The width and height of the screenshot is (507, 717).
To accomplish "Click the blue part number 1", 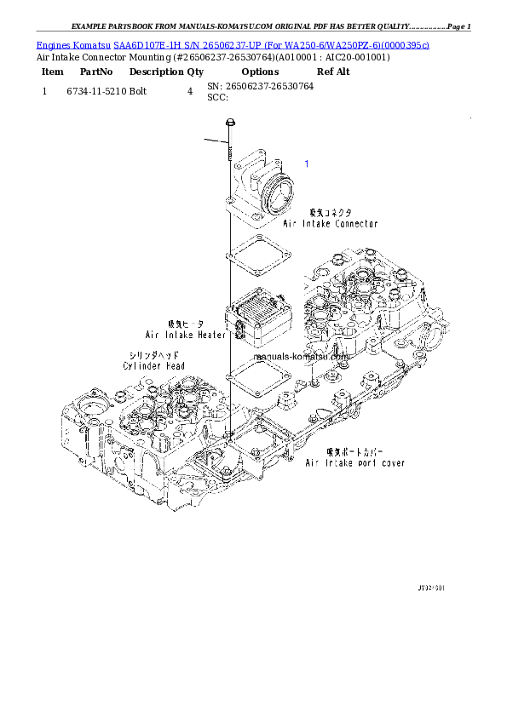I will click(307, 163).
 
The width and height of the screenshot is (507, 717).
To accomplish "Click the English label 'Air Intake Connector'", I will click(330, 224).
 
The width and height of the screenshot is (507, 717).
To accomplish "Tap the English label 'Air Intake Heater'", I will click(186, 335).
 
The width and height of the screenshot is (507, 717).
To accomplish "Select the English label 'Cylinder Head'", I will click(153, 365).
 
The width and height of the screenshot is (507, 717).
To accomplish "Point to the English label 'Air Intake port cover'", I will click(355, 463).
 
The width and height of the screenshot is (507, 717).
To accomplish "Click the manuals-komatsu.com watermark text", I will click(302, 357).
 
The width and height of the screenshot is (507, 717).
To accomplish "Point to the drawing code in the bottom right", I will click(430, 588).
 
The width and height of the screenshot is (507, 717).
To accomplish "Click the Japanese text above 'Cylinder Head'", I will click(153, 354).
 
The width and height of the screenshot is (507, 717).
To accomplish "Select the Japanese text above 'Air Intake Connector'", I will click(330, 212).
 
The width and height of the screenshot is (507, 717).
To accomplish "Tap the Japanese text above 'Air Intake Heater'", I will click(186, 324).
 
